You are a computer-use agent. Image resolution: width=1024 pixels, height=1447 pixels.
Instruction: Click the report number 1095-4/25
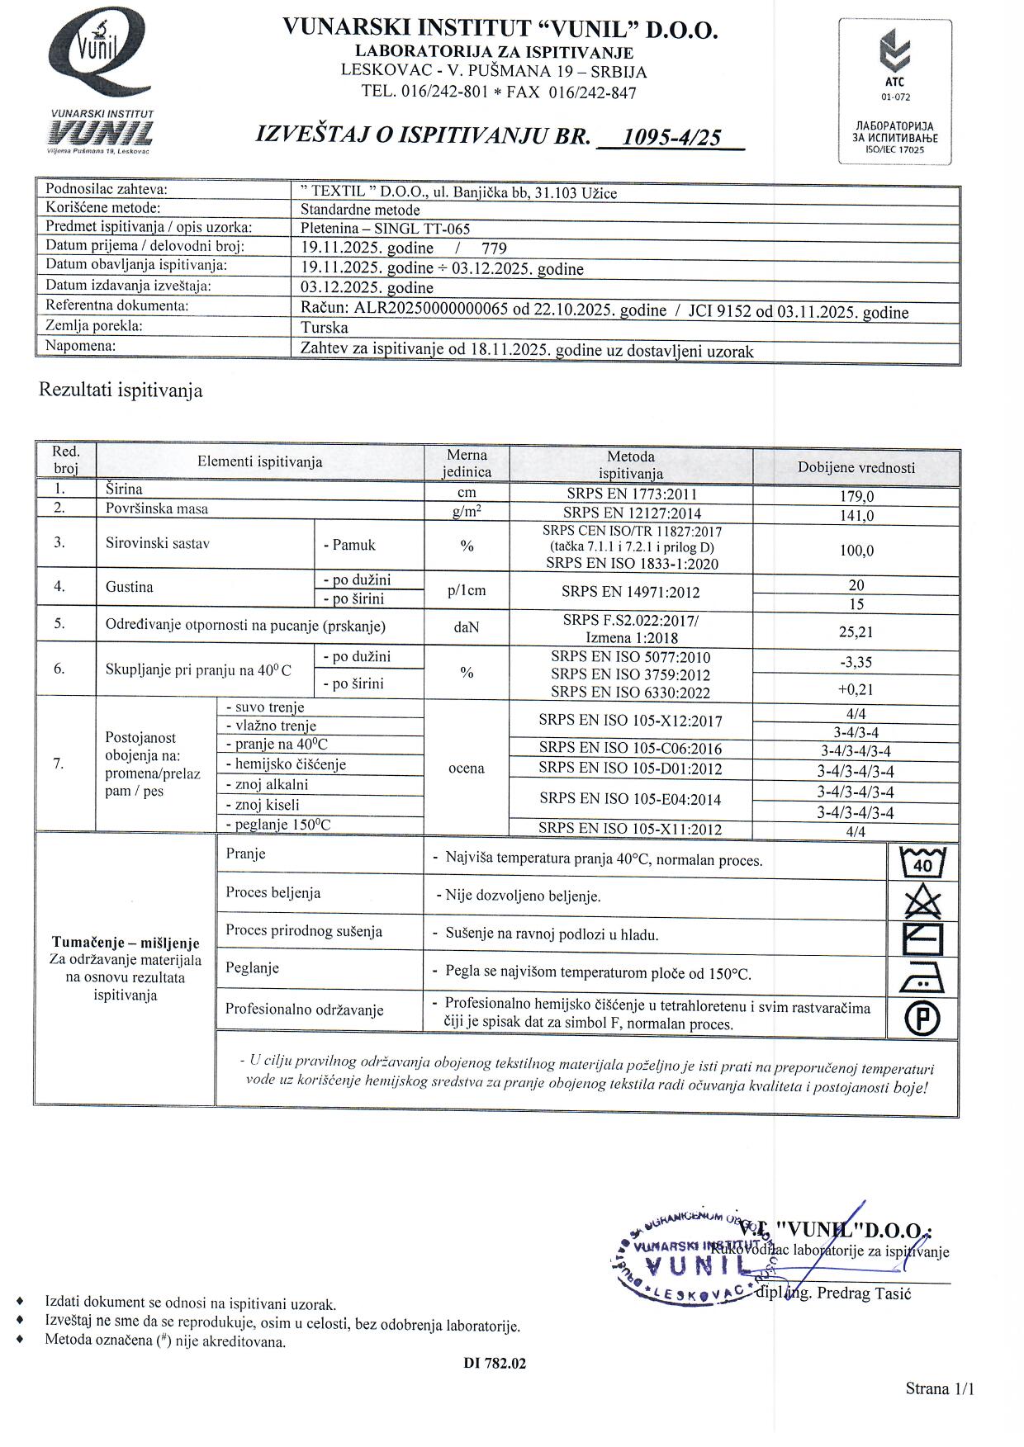(671, 137)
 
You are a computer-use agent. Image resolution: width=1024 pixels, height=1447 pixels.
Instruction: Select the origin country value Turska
(325, 328)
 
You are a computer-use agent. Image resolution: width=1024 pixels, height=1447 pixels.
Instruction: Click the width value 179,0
(856, 496)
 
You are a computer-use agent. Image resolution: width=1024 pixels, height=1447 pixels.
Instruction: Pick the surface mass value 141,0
(856, 516)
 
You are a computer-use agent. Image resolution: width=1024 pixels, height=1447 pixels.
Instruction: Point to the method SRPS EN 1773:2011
(631, 494)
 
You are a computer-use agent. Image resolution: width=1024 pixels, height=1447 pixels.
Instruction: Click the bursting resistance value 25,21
(856, 632)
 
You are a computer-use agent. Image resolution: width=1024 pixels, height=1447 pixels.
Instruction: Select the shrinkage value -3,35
(856, 662)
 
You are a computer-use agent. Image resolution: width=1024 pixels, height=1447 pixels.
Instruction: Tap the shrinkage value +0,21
(856, 689)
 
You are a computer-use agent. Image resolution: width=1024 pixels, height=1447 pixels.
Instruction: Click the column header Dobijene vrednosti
(856, 468)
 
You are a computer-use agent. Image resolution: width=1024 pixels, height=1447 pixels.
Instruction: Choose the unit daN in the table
(467, 627)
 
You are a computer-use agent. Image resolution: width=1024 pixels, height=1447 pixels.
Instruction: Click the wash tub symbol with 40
(922, 862)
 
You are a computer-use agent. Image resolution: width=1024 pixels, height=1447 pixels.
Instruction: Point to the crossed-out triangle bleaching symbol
(922, 901)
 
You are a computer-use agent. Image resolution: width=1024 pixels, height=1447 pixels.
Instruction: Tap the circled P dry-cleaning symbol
(922, 1019)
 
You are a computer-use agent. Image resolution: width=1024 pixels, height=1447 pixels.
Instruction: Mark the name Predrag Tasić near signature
(864, 1293)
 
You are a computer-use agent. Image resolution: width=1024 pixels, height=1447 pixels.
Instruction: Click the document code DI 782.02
(495, 1364)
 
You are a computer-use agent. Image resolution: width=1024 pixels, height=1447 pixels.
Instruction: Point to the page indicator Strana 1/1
(940, 1388)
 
